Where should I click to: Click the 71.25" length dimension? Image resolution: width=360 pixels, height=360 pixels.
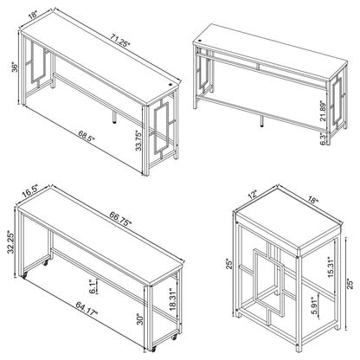[120, 40]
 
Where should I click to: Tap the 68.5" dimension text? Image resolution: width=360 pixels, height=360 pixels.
[86, 136]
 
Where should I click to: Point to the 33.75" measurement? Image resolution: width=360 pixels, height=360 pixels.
[139, 141]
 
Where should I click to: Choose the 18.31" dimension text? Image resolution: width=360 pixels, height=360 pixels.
[173, 299]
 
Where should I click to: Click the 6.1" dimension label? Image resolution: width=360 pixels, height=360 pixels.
[93, 286]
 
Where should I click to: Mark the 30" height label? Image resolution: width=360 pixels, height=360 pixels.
[140, 319]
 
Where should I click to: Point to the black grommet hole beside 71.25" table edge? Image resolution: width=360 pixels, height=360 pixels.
[170, 85]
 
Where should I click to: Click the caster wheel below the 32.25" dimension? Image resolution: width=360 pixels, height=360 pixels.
[24, 275]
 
